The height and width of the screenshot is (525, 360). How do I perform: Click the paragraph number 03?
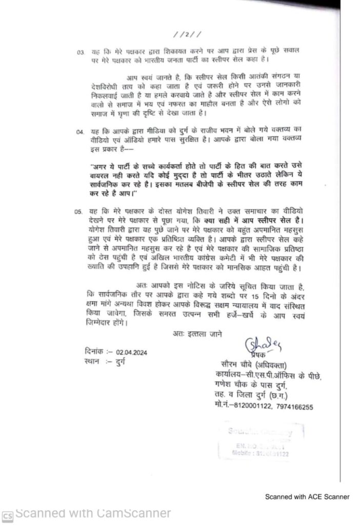click(x=80, y=52)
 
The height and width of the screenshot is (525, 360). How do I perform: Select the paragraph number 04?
click(x=80, y=132)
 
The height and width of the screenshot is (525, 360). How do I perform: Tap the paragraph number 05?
click(x=79, y=211)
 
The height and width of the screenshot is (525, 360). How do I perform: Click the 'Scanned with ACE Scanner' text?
click(x=307, y=496)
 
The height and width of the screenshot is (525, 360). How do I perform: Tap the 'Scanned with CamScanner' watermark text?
click(x=92, y=513)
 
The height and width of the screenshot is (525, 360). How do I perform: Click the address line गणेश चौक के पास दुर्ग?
click(x=249, y=383)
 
